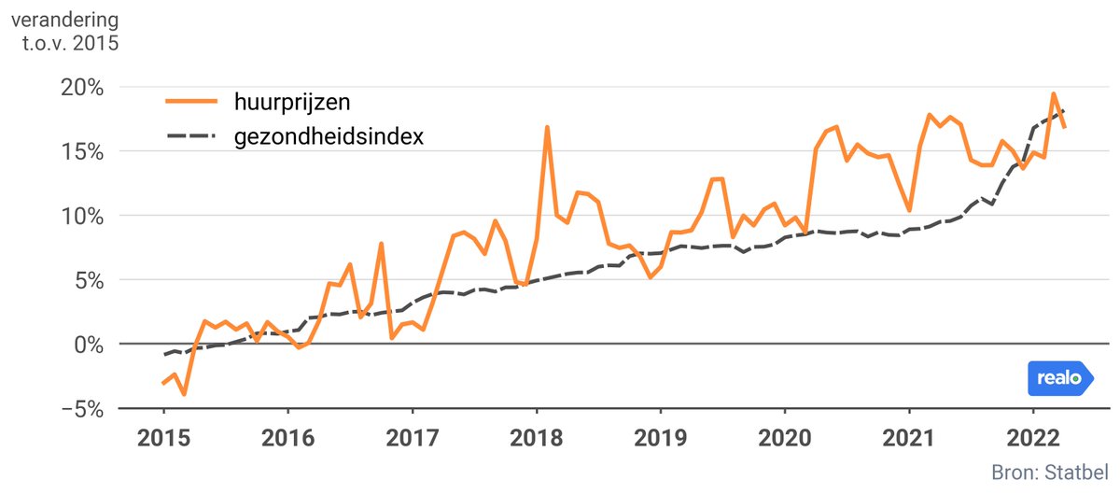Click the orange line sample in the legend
(x=190, y=101)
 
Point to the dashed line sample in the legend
(x=190, y=136)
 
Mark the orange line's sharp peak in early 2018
(x=547, y=127)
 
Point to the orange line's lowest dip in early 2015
(x=184, y=394)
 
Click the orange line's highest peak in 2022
(x=1053, y=93)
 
